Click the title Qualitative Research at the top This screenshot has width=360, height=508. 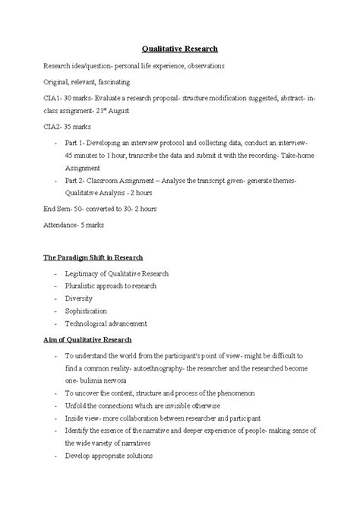click(180, 49)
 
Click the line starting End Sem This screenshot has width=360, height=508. click(101, 208)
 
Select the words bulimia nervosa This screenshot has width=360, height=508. click(104, 380)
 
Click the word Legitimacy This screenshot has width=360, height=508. click(84, 273)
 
